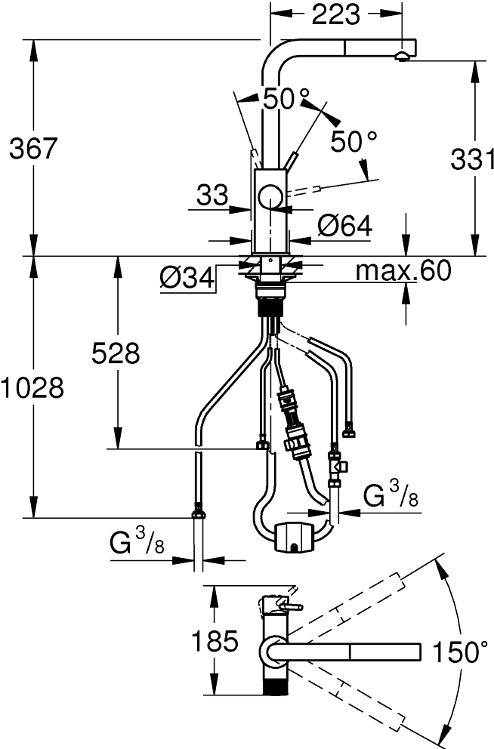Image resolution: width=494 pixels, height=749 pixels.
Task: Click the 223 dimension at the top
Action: [335, 15]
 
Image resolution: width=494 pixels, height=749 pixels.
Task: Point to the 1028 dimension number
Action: [32, 387]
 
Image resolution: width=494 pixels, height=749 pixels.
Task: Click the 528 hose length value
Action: [116, 354]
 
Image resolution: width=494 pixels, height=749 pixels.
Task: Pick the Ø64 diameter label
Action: [344, 226]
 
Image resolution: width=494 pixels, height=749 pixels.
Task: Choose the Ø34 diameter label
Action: [187, 279]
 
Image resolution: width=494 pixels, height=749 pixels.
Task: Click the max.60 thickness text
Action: [403, 271]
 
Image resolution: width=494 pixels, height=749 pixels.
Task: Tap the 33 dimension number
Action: [212, 195]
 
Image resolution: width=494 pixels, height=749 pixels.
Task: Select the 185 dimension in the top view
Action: [215, 641]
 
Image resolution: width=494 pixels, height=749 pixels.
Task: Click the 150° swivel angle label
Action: [460, 652]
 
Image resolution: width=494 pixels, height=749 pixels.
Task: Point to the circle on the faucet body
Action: [271, 197]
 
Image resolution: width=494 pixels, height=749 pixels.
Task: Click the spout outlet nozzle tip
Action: [403, 57]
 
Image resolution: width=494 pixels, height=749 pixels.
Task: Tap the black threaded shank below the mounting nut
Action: [271, 306]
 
